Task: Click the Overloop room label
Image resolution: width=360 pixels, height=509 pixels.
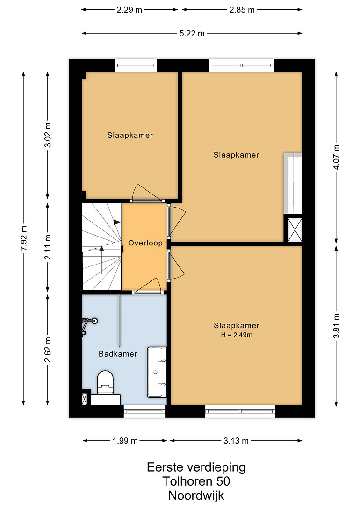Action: (x=145, y=243)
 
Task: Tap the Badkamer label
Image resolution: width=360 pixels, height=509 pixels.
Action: (x=118, y=354)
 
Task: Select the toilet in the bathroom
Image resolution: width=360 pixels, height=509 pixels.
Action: (x=106, y=383)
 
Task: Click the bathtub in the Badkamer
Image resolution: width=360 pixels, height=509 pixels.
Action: (x=157, y=372)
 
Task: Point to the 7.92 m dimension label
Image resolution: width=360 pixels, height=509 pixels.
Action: (x=24, y=238)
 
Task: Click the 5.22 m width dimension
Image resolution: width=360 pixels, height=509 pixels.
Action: (x=192, y=33)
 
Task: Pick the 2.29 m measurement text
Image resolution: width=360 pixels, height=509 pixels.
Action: (x=129, y=10)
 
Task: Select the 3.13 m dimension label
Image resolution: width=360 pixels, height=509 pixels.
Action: (x=236, y=440)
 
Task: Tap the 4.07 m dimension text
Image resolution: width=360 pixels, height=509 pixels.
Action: (x=336, y=157)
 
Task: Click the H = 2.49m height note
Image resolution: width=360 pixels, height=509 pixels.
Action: (x=237, y=335)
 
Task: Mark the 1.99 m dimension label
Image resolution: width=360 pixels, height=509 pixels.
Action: (x=125, y=440)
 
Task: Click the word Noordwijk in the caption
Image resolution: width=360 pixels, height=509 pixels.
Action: (x=196, y=495)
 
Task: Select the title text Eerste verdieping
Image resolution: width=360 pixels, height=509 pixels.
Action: (x=196, y=467)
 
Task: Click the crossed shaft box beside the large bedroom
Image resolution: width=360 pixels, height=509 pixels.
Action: (x=295, y=230)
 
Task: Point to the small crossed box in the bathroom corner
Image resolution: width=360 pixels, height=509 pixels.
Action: (x=85, y=399)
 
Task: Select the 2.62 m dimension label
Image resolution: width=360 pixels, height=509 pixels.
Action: (x=48, y=350)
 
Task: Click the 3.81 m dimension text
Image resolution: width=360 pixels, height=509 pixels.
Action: (x=336, y=326)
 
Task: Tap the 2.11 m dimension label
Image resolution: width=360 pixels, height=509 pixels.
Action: (x=48, y=247)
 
